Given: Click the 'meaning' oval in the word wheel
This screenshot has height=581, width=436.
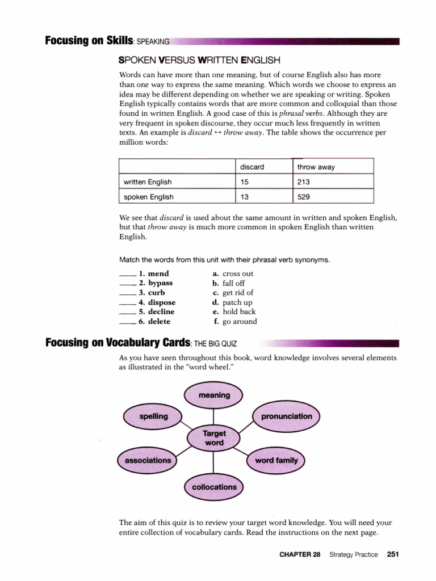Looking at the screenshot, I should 214,395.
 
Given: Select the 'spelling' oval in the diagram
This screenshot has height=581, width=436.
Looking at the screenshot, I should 153,416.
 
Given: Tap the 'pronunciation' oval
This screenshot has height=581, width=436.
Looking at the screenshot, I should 286,416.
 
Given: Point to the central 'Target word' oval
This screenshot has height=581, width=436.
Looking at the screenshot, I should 213,438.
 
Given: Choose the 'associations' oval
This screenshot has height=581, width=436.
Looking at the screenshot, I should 148,460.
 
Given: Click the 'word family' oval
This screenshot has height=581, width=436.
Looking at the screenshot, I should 276,460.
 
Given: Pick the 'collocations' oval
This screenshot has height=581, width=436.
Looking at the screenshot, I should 214,487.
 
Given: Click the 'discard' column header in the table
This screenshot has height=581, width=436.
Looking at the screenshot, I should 252,167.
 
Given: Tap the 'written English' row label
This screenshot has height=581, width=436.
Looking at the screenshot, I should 148,182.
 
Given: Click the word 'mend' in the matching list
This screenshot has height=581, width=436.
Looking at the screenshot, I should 158,273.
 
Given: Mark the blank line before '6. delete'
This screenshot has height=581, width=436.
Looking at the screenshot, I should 128,322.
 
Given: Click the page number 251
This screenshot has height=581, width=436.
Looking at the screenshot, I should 393,554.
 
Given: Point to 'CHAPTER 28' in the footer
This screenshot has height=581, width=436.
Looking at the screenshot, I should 300,554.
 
